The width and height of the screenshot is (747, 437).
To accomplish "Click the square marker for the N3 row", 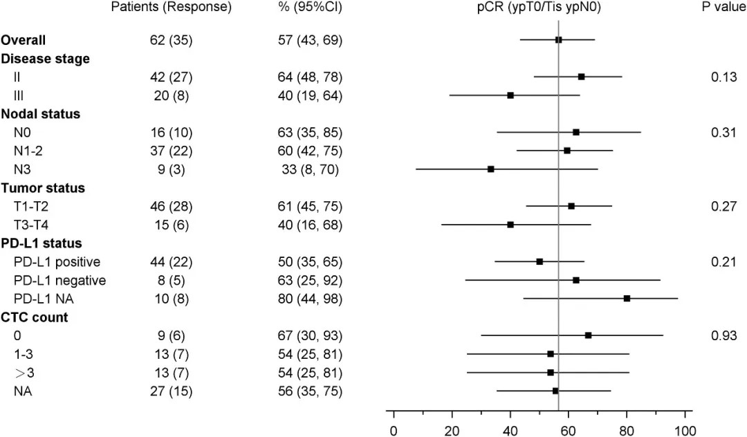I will click(490, 169).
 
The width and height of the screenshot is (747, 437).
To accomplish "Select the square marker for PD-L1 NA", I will click(627, 299).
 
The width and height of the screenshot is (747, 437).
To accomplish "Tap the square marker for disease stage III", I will click(510, 95).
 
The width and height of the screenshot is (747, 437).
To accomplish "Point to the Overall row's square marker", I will click(558, 39).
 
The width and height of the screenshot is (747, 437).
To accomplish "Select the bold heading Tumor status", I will click(42, 187).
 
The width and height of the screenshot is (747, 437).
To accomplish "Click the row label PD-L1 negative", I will click(60, 280).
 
